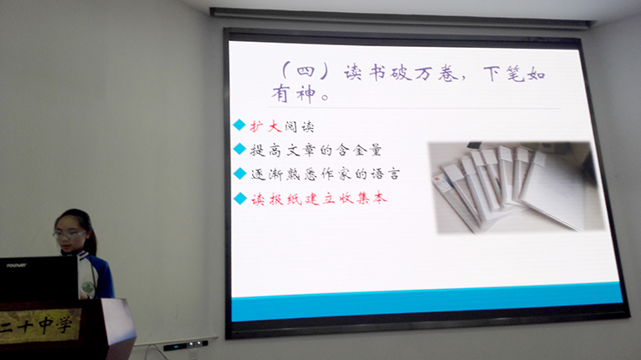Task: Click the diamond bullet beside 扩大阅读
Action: pos(239,125)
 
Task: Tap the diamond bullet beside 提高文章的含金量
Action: pos(239,149)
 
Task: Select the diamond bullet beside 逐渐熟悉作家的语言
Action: pos(240,174)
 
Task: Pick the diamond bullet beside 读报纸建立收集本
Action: pos(240,198)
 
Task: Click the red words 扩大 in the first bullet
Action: pos(266,126)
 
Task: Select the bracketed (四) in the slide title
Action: pos(304,71)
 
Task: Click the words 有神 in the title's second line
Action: pos(294,94)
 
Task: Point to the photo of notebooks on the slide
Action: pos(516,187)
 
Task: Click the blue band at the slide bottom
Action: pos(426,305)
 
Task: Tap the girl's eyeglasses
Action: pos(68,234)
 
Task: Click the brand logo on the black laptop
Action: pos(17,265)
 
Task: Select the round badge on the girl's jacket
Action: pos(87,287)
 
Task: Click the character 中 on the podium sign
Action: pos(46,325)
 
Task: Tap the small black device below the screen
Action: pos(185,345)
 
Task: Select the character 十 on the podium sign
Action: pos(26,327)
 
